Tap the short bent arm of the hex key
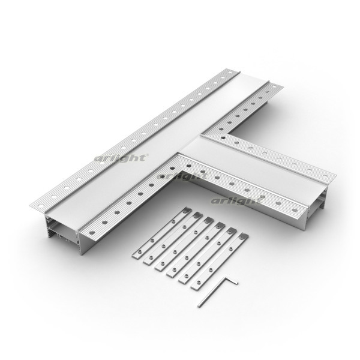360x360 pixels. point(231,281)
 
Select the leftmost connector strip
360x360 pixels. point(162,232)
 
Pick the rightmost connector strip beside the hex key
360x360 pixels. point(220,261)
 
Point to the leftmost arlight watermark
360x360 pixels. point(121,158)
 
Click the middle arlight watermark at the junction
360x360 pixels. point(182,176)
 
